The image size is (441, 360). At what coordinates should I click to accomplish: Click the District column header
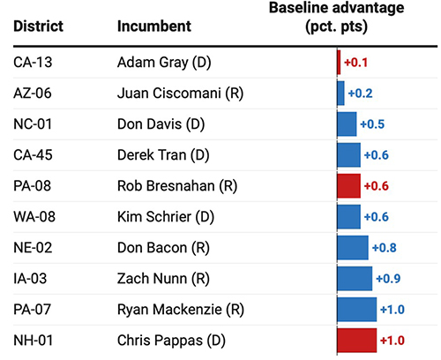(37, 26)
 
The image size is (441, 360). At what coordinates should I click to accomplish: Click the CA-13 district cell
(32, 63)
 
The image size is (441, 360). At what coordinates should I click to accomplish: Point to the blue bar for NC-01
(347, 124)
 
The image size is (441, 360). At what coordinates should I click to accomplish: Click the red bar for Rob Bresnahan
(348, 185)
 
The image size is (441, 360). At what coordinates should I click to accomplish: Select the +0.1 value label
(355, 63)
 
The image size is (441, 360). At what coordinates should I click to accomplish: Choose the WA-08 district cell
(33, 216)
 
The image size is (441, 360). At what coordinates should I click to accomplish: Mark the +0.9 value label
(388, 278)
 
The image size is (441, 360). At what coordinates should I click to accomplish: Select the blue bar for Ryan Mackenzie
(356, 309)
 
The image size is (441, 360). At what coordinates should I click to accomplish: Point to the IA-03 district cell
(31, 278)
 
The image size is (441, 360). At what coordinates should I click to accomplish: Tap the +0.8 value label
(384, 247)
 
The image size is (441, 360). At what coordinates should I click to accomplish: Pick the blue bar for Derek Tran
(348, 154)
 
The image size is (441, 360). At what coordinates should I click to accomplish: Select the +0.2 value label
(360, 94)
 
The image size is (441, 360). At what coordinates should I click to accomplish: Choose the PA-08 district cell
(32, 185)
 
